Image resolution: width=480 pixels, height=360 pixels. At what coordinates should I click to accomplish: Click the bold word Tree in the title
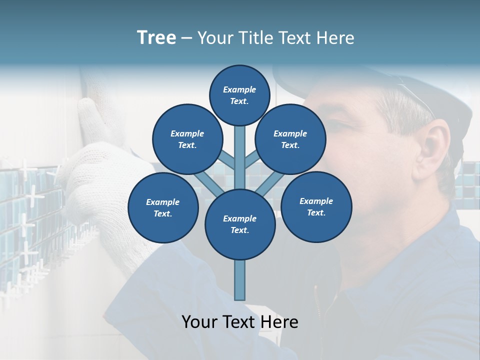point(156,38)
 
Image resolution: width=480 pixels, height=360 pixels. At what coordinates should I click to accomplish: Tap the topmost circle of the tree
point(239,95)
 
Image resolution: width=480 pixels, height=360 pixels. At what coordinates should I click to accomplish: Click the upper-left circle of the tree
point(187,139)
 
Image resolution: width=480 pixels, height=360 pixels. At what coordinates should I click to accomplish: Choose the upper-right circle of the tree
point(290,139)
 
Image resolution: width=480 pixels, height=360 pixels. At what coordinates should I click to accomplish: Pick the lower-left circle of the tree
point(163,208)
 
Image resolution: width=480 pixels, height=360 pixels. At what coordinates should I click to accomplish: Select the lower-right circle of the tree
point(316,206)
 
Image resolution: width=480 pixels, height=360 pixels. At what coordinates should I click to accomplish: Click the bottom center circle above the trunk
point(240,224)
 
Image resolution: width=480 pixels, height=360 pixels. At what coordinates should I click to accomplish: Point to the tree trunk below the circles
point(240,280)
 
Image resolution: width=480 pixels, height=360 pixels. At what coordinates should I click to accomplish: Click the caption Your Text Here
point(240,322)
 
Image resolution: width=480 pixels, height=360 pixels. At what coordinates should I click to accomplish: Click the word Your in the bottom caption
point(199,322)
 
